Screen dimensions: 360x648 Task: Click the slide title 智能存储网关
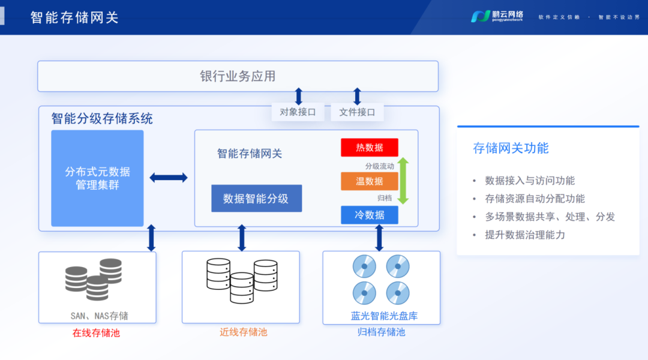(74, 17)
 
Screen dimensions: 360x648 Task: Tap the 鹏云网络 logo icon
(480, 17)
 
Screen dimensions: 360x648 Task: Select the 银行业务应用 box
(238, 76)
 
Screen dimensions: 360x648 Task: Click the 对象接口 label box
(298, 112)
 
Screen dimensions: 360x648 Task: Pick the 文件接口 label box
(357, 112)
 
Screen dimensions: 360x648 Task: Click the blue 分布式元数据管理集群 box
(97, 178)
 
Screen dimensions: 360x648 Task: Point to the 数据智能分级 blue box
(256, 199)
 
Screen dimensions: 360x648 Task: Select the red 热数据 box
(369, 148)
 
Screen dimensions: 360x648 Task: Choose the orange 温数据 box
(369, 181)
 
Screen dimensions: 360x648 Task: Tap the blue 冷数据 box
(369, 215)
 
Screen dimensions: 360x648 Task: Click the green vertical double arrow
(403, 181)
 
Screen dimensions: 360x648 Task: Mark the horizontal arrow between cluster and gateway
(169, 178)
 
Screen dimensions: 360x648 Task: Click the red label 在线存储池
(97, 332)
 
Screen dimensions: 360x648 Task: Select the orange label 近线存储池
(243, 332)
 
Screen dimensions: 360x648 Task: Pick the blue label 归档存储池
(381, 332)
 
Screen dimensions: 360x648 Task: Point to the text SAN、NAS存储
(99, 316)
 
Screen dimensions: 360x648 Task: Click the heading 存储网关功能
(511, 148)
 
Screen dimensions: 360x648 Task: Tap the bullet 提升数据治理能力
(525, 235)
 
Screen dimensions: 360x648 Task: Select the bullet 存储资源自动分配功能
(535, 199)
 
